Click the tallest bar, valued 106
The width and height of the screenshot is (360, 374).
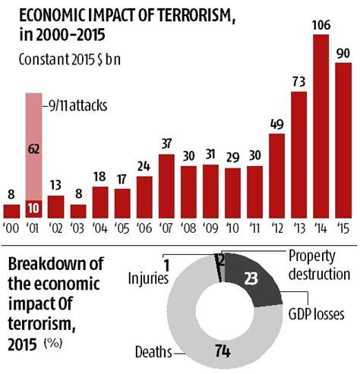coord(321,129)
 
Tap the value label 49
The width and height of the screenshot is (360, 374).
coord(276,123)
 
